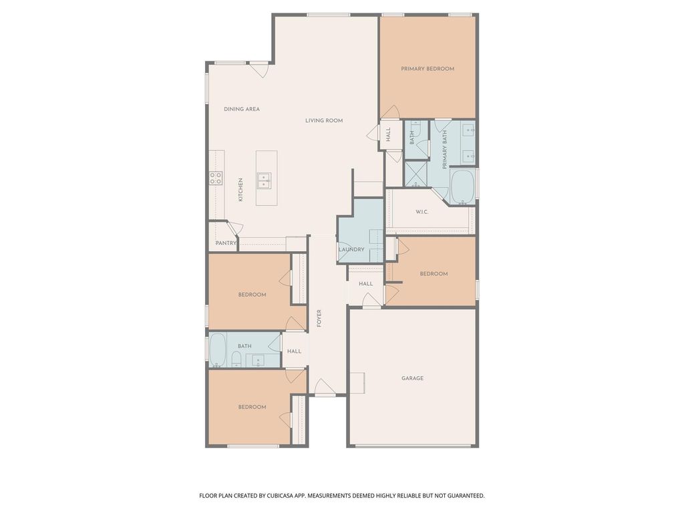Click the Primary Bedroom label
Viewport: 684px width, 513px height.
(x=427, y=69)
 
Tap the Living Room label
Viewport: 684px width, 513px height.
(x=324, y=121)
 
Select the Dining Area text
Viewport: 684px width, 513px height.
(x=242, y=109)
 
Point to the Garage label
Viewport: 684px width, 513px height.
(x=412, y=378)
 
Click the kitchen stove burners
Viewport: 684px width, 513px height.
(x=216, y=178)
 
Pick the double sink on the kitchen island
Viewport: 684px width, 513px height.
(x=264, y=180)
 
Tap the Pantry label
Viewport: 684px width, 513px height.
(x=226, y=243)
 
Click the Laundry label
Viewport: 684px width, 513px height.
(x=351, y=250)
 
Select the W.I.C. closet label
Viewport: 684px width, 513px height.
(x=422, y=212)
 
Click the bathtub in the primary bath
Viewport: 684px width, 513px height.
(x=462, y=187)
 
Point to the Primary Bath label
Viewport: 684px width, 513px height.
(x=445, y=150)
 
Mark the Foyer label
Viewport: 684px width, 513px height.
(x=319, y=319)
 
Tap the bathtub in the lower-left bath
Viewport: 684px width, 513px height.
(x=217, y=350)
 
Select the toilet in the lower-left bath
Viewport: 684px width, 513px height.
(x=236, y=360)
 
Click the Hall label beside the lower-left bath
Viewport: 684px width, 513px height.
(x=295, y=351)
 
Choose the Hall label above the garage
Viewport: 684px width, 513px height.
(x=366, y=283)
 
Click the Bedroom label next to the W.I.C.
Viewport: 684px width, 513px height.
(x=434, y=274)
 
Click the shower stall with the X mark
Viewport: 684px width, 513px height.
(x=416, y=174)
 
